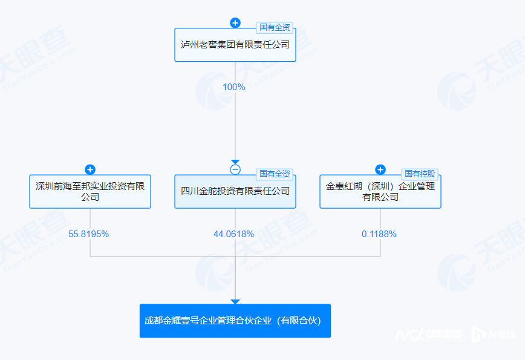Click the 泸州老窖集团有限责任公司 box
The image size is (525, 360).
[235, 45]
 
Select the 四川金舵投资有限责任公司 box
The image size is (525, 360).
[235, 191]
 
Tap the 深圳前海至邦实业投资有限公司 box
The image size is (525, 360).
[90, 191]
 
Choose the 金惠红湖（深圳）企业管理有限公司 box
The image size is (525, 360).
[380, 191]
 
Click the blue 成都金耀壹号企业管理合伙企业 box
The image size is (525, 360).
[235, 321]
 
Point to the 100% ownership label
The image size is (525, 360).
[234, 87]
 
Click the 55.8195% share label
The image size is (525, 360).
[89, 234]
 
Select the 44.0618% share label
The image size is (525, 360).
[234, 234]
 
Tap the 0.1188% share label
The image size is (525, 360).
[379, 234]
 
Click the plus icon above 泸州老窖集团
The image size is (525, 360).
[235, 23]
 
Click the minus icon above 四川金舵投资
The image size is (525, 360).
[235, 169]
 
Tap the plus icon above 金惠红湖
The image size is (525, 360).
[380, 169]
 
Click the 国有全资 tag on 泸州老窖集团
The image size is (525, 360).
[275, 27]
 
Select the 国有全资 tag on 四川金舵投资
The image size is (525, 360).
[275, 174]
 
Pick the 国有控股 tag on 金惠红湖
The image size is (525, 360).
[420, 174]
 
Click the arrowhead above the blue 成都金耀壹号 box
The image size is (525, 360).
[235, 301]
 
